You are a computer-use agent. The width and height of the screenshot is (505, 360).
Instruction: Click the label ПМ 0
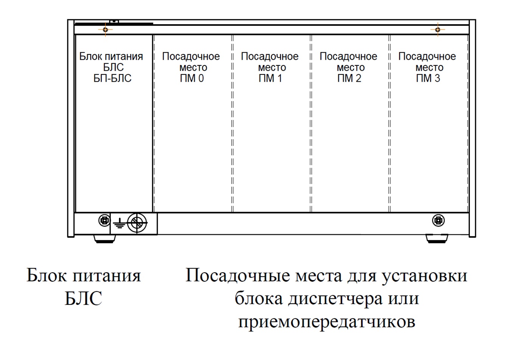click(x=192, y=78)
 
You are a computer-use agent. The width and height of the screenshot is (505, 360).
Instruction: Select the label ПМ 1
click(x=270, y=78)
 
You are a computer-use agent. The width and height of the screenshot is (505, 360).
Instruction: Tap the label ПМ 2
click(x=349, y=78)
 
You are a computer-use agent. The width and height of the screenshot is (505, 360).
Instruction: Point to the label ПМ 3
click(x=428, y=78)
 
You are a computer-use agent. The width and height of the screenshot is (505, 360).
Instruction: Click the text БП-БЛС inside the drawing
click(x=112, y=78)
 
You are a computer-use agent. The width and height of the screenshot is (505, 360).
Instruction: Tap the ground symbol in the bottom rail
click(x=120, y=223)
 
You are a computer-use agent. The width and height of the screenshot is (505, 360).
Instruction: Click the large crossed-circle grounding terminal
click(x=137, y=223)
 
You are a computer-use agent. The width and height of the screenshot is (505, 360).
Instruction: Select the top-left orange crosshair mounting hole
click(x=105, y=29)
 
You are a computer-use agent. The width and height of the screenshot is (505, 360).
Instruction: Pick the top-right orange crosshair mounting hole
click(x=438, y=29)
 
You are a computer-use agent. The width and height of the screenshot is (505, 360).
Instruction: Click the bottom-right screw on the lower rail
click(x=438, y=220)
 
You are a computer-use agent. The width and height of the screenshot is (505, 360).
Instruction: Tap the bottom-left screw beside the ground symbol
click(x=105, y=220)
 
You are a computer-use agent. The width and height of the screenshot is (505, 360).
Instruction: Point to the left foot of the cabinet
click(x=105, y=239)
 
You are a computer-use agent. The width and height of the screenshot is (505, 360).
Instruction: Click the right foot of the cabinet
click(x=437, y=239)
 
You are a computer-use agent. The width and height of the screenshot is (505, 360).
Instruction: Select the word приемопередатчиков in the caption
click(x=327, y=322)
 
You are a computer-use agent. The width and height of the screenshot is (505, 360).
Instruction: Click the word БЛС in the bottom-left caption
click(x=84, y=298)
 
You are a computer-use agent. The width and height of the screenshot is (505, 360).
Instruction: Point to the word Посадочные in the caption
click(x=238, y=275)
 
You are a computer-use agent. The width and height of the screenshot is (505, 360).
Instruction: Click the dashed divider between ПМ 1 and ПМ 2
click(x=311, y=123)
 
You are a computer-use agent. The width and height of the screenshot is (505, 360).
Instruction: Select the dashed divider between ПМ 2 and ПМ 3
click(x=390, y=123)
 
